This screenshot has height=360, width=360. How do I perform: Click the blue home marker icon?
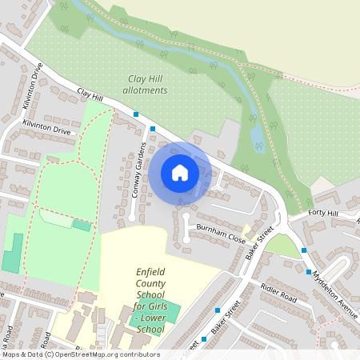[180, 173]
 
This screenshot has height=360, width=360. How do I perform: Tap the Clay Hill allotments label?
[148, 85]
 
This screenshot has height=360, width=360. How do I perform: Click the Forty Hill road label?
[326, 213]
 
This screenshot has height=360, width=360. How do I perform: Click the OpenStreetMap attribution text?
[81, 354]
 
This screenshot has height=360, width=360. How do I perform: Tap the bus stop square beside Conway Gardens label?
[153, 128]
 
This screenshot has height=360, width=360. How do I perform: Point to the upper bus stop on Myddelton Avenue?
[304, 250]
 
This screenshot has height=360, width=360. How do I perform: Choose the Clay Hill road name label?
[90, 97]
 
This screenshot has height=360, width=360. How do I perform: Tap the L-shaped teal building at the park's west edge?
[12, 254]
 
